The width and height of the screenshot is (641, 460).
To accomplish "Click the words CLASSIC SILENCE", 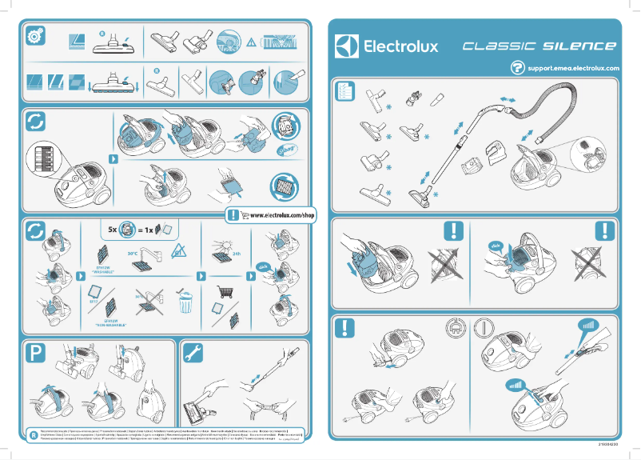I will (x=539, y=46).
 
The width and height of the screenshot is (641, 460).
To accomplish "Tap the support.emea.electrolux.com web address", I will (x=573, y=69).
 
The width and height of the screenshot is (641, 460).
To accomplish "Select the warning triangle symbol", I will (x=251, y=41).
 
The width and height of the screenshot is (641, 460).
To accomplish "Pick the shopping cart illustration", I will (x=223, y=292).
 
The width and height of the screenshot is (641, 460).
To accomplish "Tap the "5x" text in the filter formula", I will (x=113, y=230).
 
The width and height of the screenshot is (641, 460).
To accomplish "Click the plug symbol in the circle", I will (x=452, y=328).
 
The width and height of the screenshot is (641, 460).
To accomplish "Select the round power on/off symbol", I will (x=484, y=328).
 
